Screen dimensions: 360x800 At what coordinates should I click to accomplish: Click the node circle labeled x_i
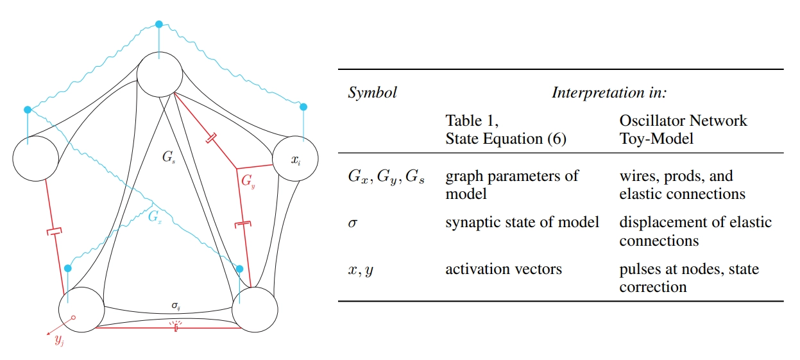pos(295,159)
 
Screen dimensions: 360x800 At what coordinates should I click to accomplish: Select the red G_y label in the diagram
pos(248,181)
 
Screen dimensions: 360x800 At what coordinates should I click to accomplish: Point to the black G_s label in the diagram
pos(169,156)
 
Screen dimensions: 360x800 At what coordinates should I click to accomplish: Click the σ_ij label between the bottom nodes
pos(175,305)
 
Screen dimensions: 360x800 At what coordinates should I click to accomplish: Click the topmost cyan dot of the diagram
pos(159,24)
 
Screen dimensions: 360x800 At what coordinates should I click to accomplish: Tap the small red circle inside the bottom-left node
pos(73,318)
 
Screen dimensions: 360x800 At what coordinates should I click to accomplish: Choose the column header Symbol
pos(372,92)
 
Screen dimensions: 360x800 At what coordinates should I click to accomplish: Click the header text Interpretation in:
pos(609,92)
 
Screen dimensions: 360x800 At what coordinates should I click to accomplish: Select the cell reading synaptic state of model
pos(522,223)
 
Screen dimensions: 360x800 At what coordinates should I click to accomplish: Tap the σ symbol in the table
pos(352,223)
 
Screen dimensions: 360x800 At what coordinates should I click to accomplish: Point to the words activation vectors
pos(504,270)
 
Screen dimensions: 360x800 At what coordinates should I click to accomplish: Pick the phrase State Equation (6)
pos(506,138)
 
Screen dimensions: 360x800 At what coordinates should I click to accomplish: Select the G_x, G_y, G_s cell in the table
pos(386,177)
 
